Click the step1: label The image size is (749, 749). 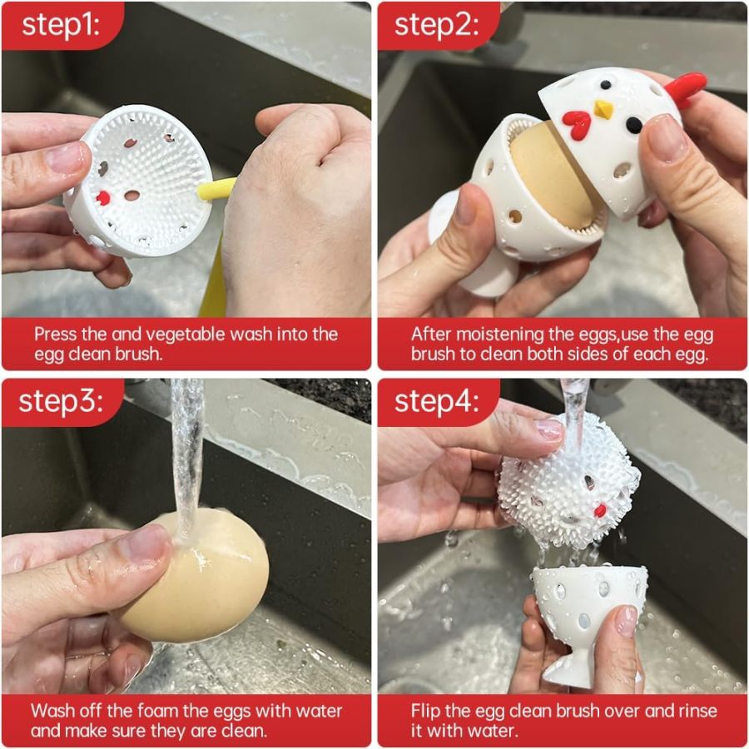point(61,24)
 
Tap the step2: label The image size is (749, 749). point(436,24)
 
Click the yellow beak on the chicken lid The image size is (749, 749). point(604,109)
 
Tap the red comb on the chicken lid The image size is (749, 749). point(686,88)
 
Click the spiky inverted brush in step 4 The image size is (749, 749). point(568,483)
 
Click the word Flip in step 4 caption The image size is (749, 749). point(424,712)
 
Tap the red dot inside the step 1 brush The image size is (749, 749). point(102,198)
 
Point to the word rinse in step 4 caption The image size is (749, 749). point(696,711)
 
